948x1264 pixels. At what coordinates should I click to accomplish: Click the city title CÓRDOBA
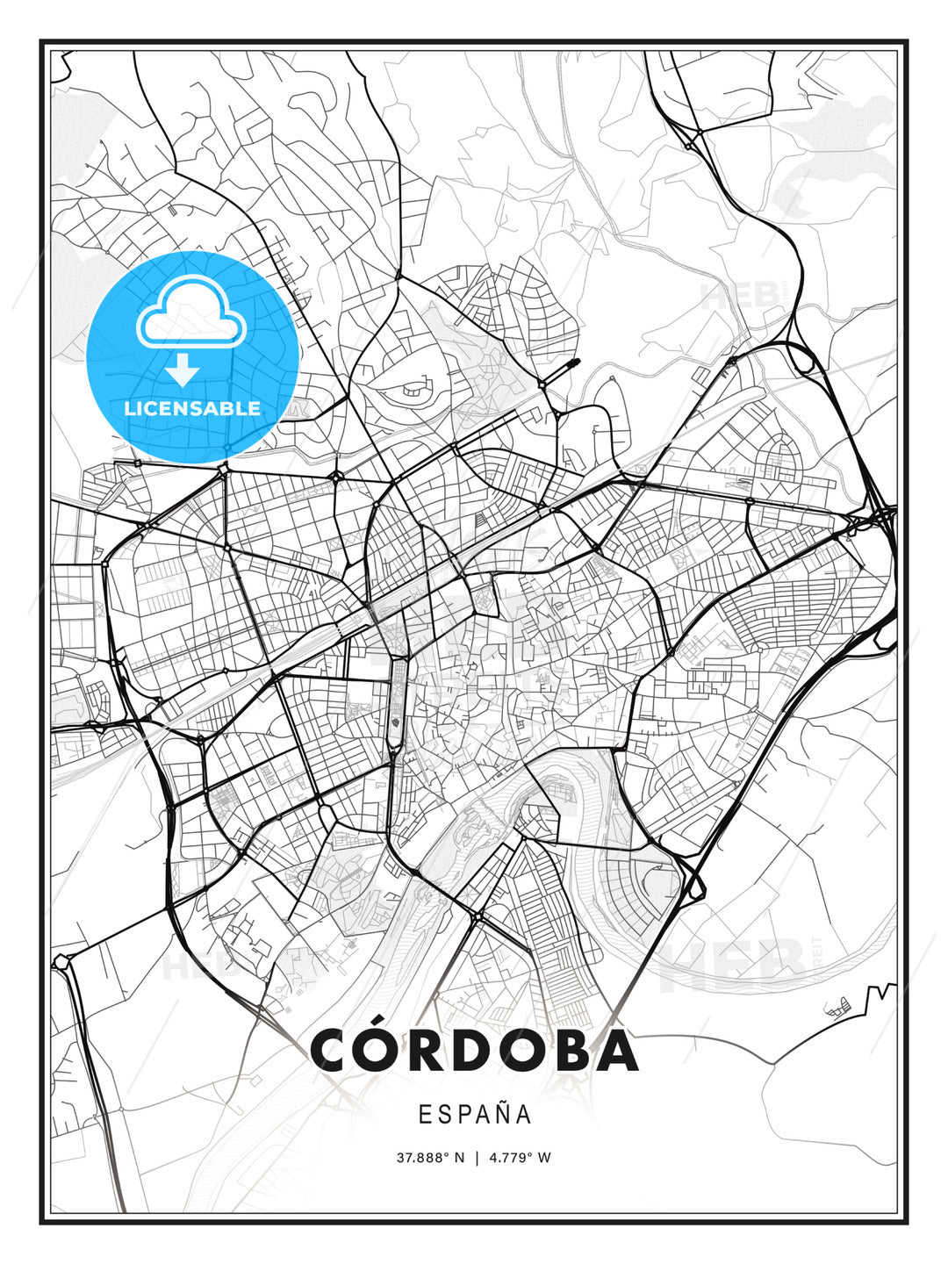tap(474, 1050)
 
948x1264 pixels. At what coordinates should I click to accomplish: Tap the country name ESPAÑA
tap(475, 1115)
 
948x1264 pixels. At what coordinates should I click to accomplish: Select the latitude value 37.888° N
tap(430, 1158)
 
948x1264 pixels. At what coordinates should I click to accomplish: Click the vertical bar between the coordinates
tap(477, 1158)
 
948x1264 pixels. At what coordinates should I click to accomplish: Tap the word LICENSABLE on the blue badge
tap(192, 408)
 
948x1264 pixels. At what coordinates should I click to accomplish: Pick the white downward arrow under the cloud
tap(182, 370)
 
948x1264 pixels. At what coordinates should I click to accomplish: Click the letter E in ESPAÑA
tap(424, 1115)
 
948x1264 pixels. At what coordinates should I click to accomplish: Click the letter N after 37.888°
tap(457, 1158)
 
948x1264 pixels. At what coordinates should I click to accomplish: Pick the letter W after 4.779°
tap(544, 1158)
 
